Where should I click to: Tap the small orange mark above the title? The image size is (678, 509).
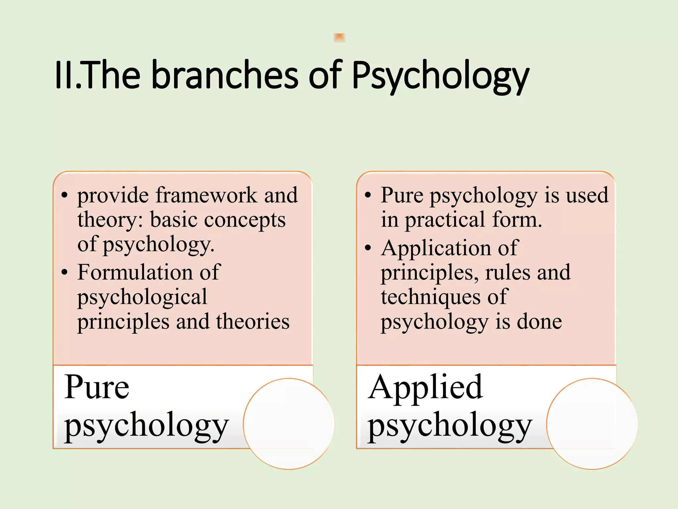point(339,37)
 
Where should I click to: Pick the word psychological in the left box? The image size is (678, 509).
point(142,297)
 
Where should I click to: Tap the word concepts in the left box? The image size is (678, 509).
point(245,220)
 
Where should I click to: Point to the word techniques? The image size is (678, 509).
point(430,297)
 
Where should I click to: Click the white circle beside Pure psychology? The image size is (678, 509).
point(289,424)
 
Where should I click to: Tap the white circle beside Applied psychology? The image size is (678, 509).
point(592,424)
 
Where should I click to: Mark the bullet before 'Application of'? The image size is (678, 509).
point(368,248)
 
